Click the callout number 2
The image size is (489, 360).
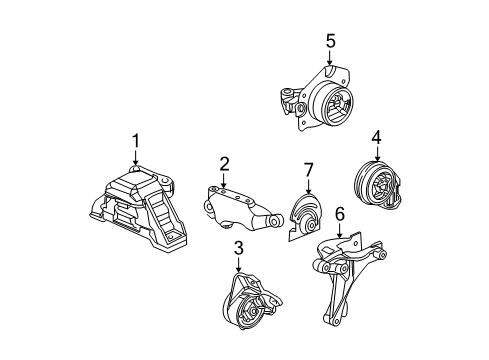pos(224,163)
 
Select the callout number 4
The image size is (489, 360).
pos(377,136)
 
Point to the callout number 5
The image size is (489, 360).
pos(329,41)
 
